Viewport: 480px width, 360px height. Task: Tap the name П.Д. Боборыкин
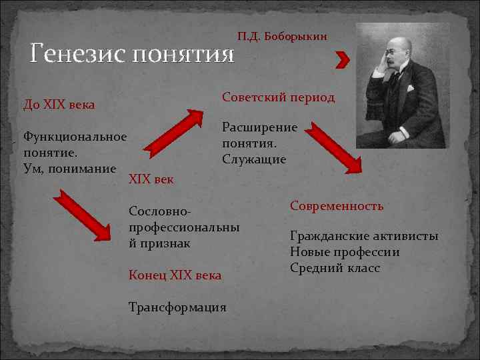(x=282, y=35)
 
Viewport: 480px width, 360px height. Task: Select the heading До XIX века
(x=59, y=105)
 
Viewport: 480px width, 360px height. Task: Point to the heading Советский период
(x=278, y=97)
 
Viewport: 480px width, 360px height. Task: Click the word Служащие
(x=254, y=159)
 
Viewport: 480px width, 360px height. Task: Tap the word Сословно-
(x=160, y=212)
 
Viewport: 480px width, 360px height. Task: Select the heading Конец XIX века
(x=175, y=275)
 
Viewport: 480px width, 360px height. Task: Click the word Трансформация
(x=177, y=307)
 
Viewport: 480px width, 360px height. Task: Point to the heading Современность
(x=337, y=206)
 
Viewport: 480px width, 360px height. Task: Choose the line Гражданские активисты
(x=364, y=236)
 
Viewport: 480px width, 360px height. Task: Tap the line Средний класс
(x=335, y=268)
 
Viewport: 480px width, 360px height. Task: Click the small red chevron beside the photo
(x=343, y=60)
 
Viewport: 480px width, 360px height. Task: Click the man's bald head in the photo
(x=394, y=45)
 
